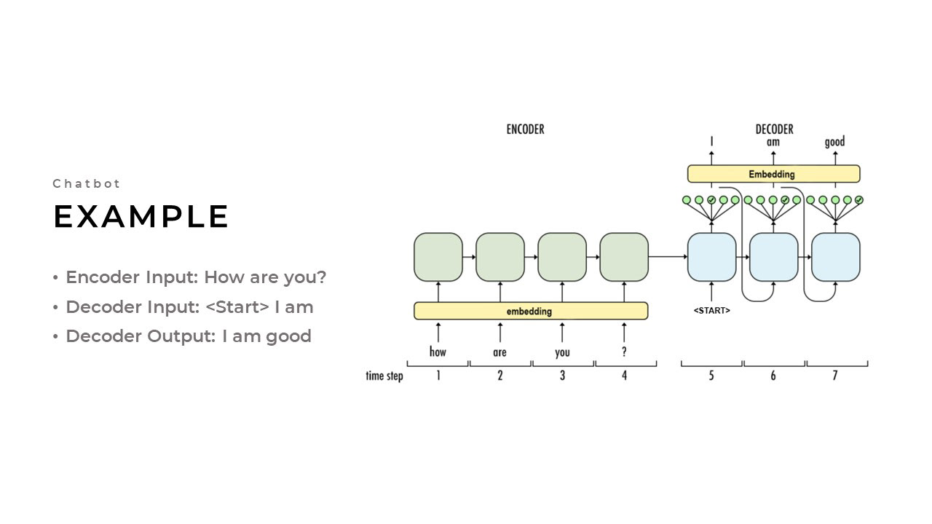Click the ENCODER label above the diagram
click(x=525, y=130)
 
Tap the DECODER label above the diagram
click(x=774, y=130)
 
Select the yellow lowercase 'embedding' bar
click(x=530, y=311)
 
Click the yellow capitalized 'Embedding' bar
click(x=773, y=175)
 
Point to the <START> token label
click(x=711, y=311)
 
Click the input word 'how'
click(x=438, y=352)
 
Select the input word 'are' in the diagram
click(x=499, y=352)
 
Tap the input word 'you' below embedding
click(x=562, y=353)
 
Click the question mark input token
click(x=624, y=352)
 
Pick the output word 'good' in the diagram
click(x=834, y=142)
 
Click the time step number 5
click(x=711, y=376)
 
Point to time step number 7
click(x=835, y=376)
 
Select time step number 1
click(x=438, y=376)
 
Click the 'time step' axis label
click(x=384, y=376)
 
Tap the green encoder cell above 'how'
click(x=438, y=257)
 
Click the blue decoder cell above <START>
click(x=711, y=257)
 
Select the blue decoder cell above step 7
click(x=835, y=257)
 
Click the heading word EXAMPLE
click(x=141, y=217)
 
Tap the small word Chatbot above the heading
click(x=87, y=183)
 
